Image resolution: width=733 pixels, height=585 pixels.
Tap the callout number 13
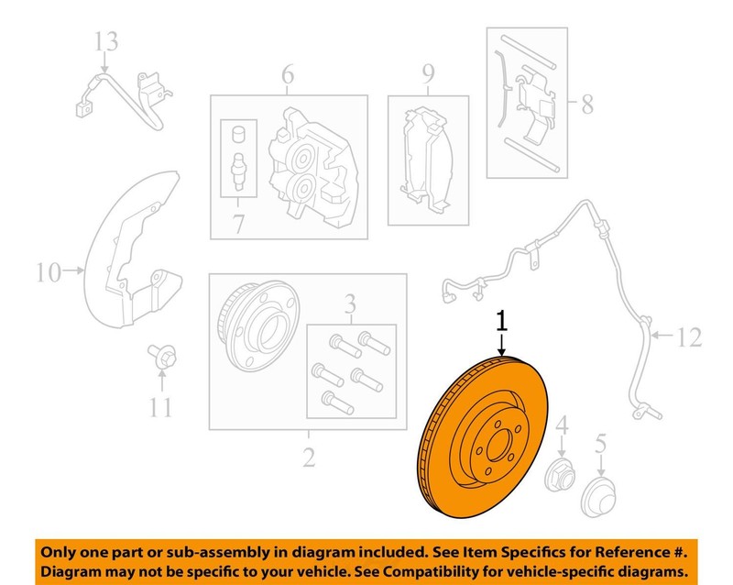tap(106, 41)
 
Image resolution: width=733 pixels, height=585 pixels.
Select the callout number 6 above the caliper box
tap(288, 74)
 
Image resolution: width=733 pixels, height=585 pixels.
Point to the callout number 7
tap(238, 223)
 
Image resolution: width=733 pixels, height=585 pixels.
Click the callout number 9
tap(428, 74)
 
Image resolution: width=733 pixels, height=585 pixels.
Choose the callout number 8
tap(587, 104)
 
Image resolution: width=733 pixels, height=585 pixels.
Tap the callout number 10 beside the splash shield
tap(49, 272)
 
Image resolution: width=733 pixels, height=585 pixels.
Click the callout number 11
tap(160, 407)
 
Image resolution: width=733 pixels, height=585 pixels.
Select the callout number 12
tap(689, 337)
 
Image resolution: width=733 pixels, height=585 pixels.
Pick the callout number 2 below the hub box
tap(309, 457)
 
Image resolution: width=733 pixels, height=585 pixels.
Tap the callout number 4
tap(562, 425)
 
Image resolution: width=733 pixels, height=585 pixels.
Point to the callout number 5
tap(600, 443)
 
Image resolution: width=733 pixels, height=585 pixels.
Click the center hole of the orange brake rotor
tap(498, 445)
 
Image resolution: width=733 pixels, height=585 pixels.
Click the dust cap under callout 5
tap(598, 498)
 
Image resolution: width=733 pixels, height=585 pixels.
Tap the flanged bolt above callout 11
tap(162, 357)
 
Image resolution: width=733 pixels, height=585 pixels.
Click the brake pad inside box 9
tap(426, 160)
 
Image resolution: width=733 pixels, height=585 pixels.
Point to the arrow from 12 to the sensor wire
tap(662, 335)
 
